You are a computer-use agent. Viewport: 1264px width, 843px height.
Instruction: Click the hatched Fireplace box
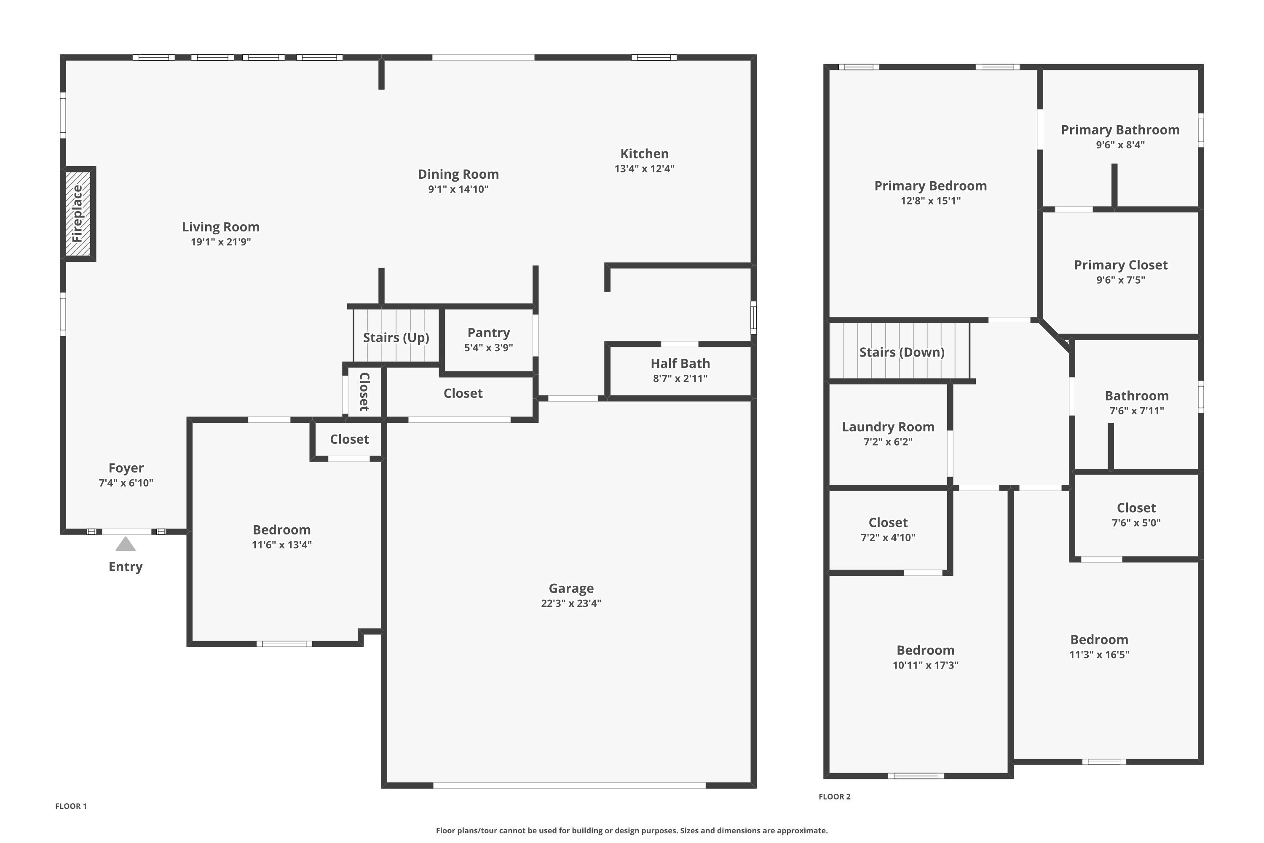(x=78, y=213)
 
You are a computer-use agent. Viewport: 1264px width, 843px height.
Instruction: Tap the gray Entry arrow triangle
(x=125, y=545)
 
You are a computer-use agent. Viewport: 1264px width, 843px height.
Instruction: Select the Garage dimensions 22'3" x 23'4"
(x=571, y=603)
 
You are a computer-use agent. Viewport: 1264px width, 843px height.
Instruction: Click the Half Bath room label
(x=680, y=363)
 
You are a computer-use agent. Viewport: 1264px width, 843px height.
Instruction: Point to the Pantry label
(x=488, y=333)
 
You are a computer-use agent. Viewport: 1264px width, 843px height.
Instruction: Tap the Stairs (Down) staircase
(x=901, y=352)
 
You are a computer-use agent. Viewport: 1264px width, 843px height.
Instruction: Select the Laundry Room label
(x=888, y=427)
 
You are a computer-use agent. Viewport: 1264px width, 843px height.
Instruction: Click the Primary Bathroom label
(x=1120, y=130)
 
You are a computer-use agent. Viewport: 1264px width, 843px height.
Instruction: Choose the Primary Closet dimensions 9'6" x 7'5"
(x=1120, y=280)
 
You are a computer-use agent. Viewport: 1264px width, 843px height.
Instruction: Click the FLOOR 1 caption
(x=71, y=806)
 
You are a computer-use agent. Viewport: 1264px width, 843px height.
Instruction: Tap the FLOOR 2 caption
(x=835, y=797)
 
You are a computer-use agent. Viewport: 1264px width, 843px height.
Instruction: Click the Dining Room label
(x=458, y=174)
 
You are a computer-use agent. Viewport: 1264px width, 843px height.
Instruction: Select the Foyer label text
(x=126, y=468)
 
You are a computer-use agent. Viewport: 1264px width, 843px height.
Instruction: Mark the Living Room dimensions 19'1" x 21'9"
(x=220, y=242)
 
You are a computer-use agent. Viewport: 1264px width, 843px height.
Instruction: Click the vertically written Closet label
(x=364, y=392)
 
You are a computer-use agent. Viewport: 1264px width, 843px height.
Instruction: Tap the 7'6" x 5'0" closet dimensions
(x=1136, y=523)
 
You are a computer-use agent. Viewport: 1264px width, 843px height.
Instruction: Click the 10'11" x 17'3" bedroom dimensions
(x=925, y=665)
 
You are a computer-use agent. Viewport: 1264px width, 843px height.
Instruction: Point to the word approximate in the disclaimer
(x=801, y=831)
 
